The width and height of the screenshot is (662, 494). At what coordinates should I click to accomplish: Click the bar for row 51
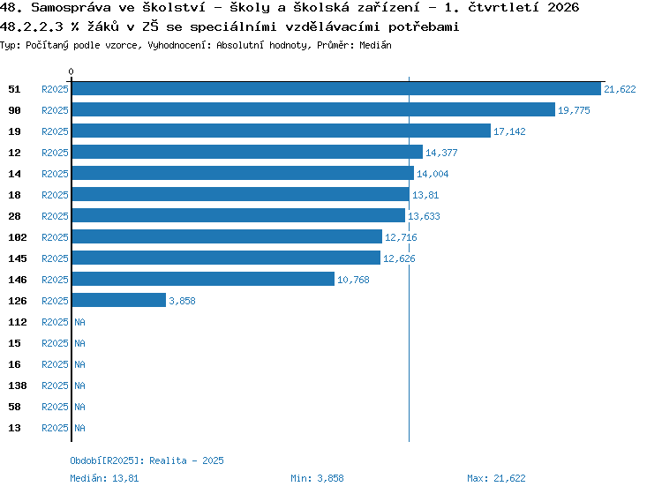[x=336, y=88]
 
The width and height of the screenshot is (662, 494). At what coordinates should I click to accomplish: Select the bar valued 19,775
[x=313, y=109]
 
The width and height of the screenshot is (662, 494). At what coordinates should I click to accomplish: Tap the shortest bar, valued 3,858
[x=119, y=300]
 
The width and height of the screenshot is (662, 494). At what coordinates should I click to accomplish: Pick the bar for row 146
[x=203, y=280]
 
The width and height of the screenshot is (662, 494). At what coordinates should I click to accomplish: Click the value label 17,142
[x=509, y=131]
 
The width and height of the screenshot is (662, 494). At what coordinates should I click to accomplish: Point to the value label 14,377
[x=441, y=153]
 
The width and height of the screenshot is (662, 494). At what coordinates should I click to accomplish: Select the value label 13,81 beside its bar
[x=425, y=195]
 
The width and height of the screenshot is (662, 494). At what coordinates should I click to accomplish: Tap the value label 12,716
[x=401, y=237]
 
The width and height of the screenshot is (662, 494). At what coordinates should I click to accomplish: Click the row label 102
[x=18, y=237]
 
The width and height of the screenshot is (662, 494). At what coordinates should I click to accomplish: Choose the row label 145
[x=18, y=258]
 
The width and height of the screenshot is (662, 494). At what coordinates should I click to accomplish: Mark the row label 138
[x=18, y=385]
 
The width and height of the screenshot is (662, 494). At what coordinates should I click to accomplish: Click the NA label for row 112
[x=79, y=322]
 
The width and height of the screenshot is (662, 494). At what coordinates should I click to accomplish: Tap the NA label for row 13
[x=79, y=428]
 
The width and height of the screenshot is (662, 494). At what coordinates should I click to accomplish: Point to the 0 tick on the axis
[x=71, y=71]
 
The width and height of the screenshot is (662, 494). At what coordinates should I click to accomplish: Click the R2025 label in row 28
[x=55, y=216]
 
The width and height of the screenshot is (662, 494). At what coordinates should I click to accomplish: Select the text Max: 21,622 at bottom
[x=496, y=478]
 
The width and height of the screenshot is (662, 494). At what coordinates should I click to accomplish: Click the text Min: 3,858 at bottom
[x=317, y=478]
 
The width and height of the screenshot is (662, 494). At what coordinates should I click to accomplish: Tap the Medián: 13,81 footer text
[x=104, y=478]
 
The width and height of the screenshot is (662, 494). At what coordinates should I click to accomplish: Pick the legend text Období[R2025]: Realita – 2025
[x=147, y=460]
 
